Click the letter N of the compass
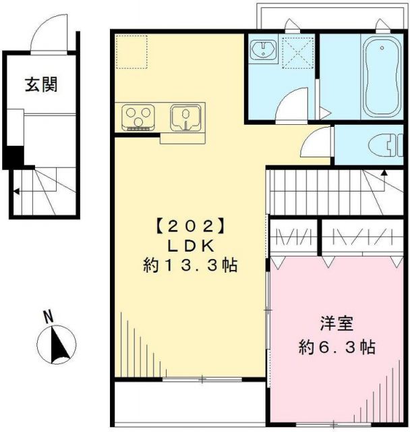tap(48, 315)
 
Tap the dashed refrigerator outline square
tap(131, 51)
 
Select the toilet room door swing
tap(316, 142)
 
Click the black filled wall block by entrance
tap(13, 156)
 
